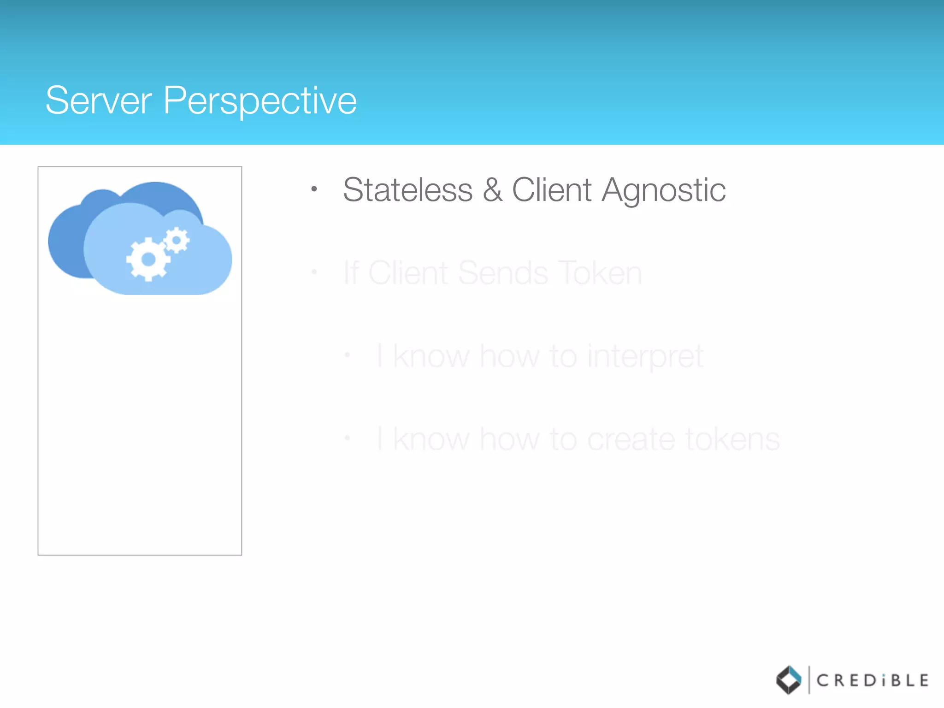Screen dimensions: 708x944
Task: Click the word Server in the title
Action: (x=99, y=100)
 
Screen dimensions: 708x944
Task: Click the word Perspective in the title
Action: (x=260, y=101)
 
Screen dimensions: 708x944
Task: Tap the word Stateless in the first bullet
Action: (x=408, y=190)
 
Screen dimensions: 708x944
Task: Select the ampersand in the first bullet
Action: (x=492, y=190)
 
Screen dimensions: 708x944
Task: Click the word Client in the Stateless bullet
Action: (x=552, y=190)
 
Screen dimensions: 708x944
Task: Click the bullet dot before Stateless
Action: (x=314, y=189)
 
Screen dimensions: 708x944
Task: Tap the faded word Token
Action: (x=600, y=273)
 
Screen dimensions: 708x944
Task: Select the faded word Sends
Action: (x=503, y=273)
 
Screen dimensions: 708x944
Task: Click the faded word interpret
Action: (x=645, y=357)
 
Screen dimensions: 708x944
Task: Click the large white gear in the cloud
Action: (x=148, y=259)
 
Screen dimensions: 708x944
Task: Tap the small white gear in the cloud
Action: (x=177, y=240)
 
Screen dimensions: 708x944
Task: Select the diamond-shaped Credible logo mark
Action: (x=789, y=680)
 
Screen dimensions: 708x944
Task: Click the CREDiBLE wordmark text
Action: (x=872, y=680)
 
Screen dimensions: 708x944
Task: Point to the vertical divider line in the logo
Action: (x=809, y=680)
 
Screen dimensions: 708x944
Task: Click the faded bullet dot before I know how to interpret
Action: (x=348, y=355)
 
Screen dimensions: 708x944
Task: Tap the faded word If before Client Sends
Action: (x=351, y=273)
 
